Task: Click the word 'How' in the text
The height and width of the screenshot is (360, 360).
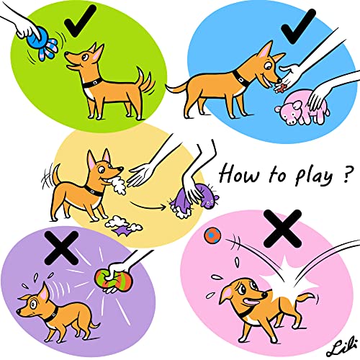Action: click(x=237, y=173)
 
